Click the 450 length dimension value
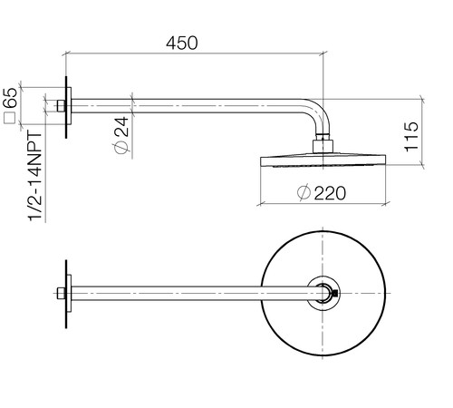(x=182, y=43)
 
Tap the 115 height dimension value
(x=411, y=137)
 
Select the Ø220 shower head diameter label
(x=321, y=193)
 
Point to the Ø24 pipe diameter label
(x=121, y=135)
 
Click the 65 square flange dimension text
(x=11, y=97)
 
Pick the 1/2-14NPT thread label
(x=35, y=177)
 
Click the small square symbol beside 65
(x=9, y=118)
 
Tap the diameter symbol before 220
(x=304, y=192)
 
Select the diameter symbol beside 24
(x=121, y=148)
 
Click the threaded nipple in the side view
(x=61, y=106)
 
